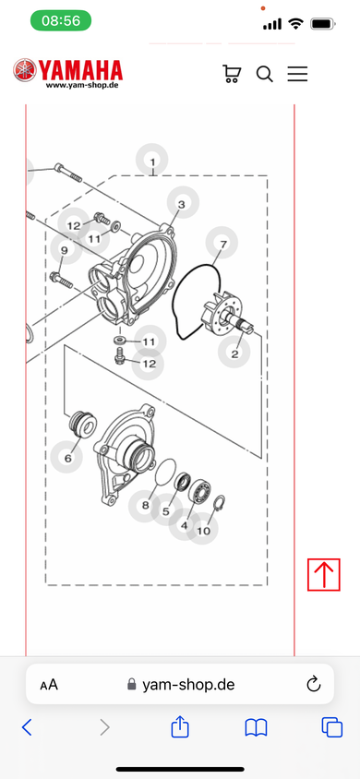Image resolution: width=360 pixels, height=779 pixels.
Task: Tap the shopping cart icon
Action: (232, 74)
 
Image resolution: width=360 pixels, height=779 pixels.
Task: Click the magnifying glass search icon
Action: (264, 75)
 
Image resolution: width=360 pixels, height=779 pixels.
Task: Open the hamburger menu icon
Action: (297, 74)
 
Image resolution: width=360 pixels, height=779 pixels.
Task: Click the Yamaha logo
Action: (67, 73)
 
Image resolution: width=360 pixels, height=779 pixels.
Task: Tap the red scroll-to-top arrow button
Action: (324, 575)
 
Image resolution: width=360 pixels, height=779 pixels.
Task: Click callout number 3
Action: (182, 203)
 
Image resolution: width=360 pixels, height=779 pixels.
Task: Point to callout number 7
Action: (222, 243)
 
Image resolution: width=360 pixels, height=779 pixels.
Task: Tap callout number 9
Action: (65, 249)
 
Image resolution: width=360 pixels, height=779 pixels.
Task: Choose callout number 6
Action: (67, 457)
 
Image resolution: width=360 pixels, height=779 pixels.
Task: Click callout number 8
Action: (145, 506)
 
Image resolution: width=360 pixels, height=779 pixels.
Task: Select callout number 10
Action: (203, 530)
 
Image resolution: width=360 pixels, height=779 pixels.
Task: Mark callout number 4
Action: (185, 524)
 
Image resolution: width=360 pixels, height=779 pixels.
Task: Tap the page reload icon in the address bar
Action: (313, 685)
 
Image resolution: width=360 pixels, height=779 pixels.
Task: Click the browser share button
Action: (180, 726)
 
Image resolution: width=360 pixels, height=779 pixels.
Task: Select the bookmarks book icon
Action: (257, 728)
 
